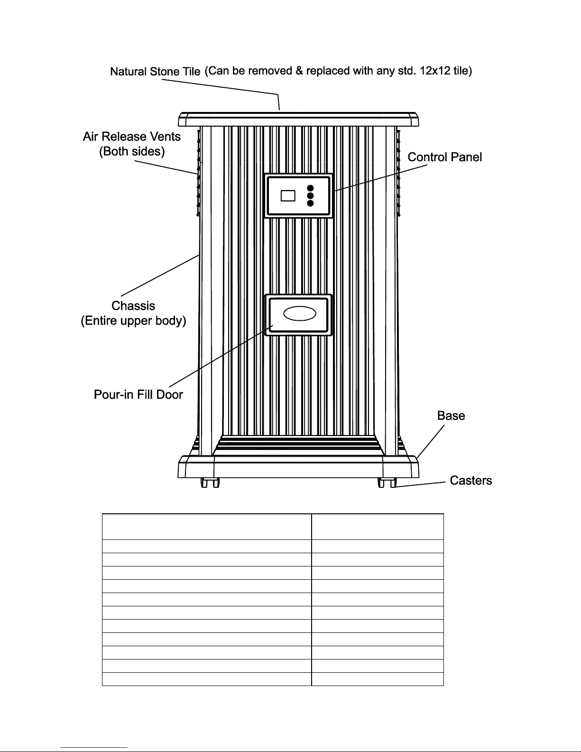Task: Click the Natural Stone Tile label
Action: (155, 72)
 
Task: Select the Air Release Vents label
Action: (131, 137)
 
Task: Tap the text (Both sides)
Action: (131, 151)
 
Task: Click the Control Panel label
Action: (444, 157)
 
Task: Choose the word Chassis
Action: (133, 306)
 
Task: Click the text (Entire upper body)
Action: (133, 321)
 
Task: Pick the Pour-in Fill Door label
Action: (138, 395)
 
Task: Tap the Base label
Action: (451, 416)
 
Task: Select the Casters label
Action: (470, 481)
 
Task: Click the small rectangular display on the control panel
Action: (288, 195)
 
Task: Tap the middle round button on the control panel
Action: (310, 195)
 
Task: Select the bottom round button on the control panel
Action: (310, 204)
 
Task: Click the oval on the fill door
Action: (299, 314)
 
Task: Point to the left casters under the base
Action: (210, 483)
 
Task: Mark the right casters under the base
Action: (387, 483)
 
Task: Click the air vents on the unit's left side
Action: (198, 173)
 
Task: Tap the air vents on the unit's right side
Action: (398, 173)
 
